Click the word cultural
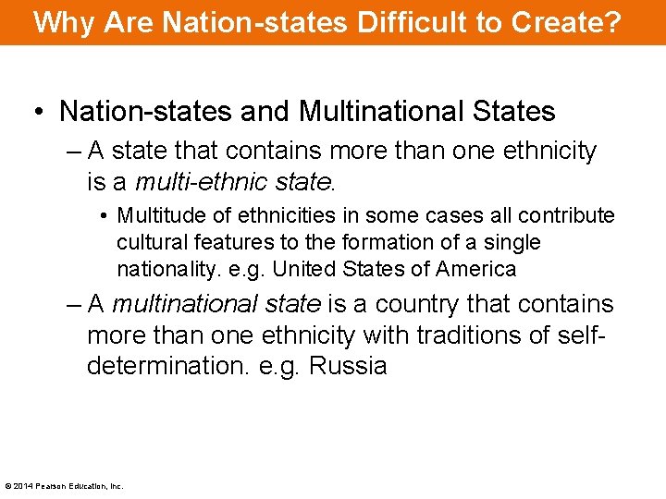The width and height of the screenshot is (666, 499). coord(152,243)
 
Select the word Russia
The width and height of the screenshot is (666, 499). coord(348,365)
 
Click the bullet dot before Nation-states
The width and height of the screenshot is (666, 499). coord(38,113)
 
